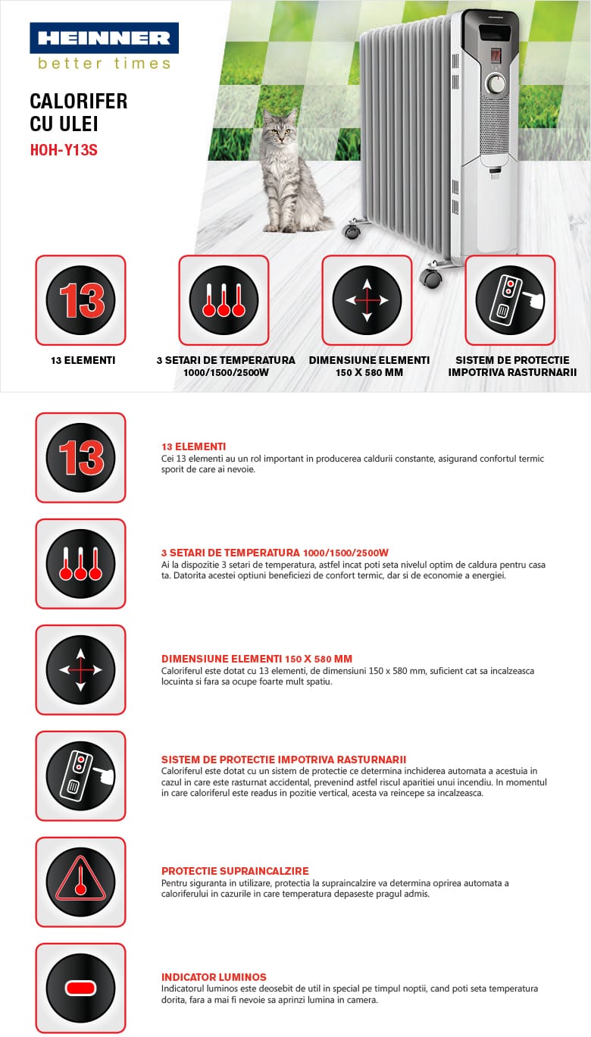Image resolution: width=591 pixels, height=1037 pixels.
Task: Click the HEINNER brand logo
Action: click(x=104, y=38)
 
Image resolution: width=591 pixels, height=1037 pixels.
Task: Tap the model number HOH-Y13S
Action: click(x=64, y=150)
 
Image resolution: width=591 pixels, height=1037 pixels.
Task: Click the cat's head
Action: click(x=279, y=125)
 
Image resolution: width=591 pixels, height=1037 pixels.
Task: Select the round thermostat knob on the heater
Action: click(x=496, y=84)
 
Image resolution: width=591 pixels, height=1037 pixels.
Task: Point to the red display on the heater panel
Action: click(x=496, y=55)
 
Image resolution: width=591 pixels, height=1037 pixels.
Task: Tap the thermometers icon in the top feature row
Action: click(x=224, y=300)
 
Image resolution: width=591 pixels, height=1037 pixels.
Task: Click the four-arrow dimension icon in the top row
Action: click(x=367, y=300)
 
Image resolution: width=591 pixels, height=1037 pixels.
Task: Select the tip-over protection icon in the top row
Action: click(x=510, y=300)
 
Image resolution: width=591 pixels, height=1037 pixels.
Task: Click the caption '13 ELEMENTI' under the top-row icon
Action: click(x=83, y=360)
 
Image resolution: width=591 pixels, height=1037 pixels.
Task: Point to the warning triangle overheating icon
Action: click(x=80, y=882)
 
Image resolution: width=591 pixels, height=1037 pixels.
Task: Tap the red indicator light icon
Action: click(x=80, y=988)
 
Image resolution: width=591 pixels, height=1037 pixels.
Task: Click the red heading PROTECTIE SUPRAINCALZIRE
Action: click(x=235, y=871)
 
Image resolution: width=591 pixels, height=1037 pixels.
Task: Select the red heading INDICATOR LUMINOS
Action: click(x=214, y=977)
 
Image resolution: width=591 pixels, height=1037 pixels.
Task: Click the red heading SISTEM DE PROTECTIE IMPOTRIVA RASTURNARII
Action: click(x=283, y=760)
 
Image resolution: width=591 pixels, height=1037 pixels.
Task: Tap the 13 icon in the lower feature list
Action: click(x=80, y=457)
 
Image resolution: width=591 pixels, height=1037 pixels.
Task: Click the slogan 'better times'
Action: click(x=105, y=64)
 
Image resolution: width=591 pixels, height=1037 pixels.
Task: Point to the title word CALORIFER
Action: click(x=79, y=102)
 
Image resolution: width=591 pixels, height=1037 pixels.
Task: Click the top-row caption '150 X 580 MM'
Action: click(x=369, y=372)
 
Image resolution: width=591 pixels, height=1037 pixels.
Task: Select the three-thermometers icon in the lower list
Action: click(x=80, y=563)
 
